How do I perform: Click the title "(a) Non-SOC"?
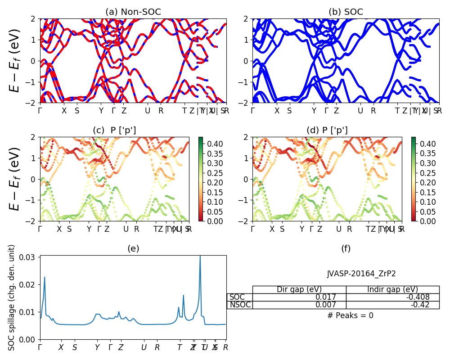[133, 12]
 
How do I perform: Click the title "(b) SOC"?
[346, 12]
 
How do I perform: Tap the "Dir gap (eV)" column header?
[299, 289]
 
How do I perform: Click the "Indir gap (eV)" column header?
[392, 289]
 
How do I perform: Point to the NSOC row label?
[240, 305]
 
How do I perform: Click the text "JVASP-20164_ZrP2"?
[361, 274]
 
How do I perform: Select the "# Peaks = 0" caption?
[351, 315]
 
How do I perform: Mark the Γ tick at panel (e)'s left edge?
[40, 347]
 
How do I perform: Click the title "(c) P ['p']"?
[114, 130]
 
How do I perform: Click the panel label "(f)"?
[346, 248]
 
